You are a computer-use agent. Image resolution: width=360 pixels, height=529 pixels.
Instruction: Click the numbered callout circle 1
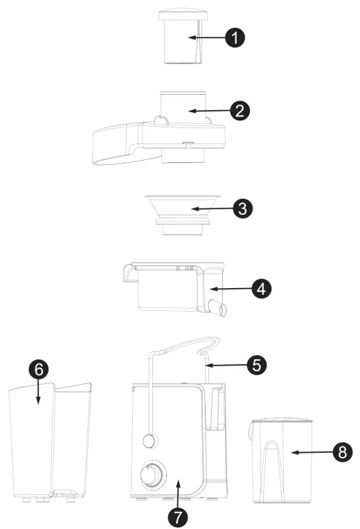pyautogui.click(x=235, y=37)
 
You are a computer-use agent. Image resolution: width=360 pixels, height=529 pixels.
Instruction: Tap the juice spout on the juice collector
pyautogui.click(x=218, y=310)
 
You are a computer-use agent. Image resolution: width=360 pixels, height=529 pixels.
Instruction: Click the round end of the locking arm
pyautogui.click(x=148, y=440)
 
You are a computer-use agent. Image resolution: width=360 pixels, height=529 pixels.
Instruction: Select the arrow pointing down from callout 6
pyautogui.click(x=39, y=393)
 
